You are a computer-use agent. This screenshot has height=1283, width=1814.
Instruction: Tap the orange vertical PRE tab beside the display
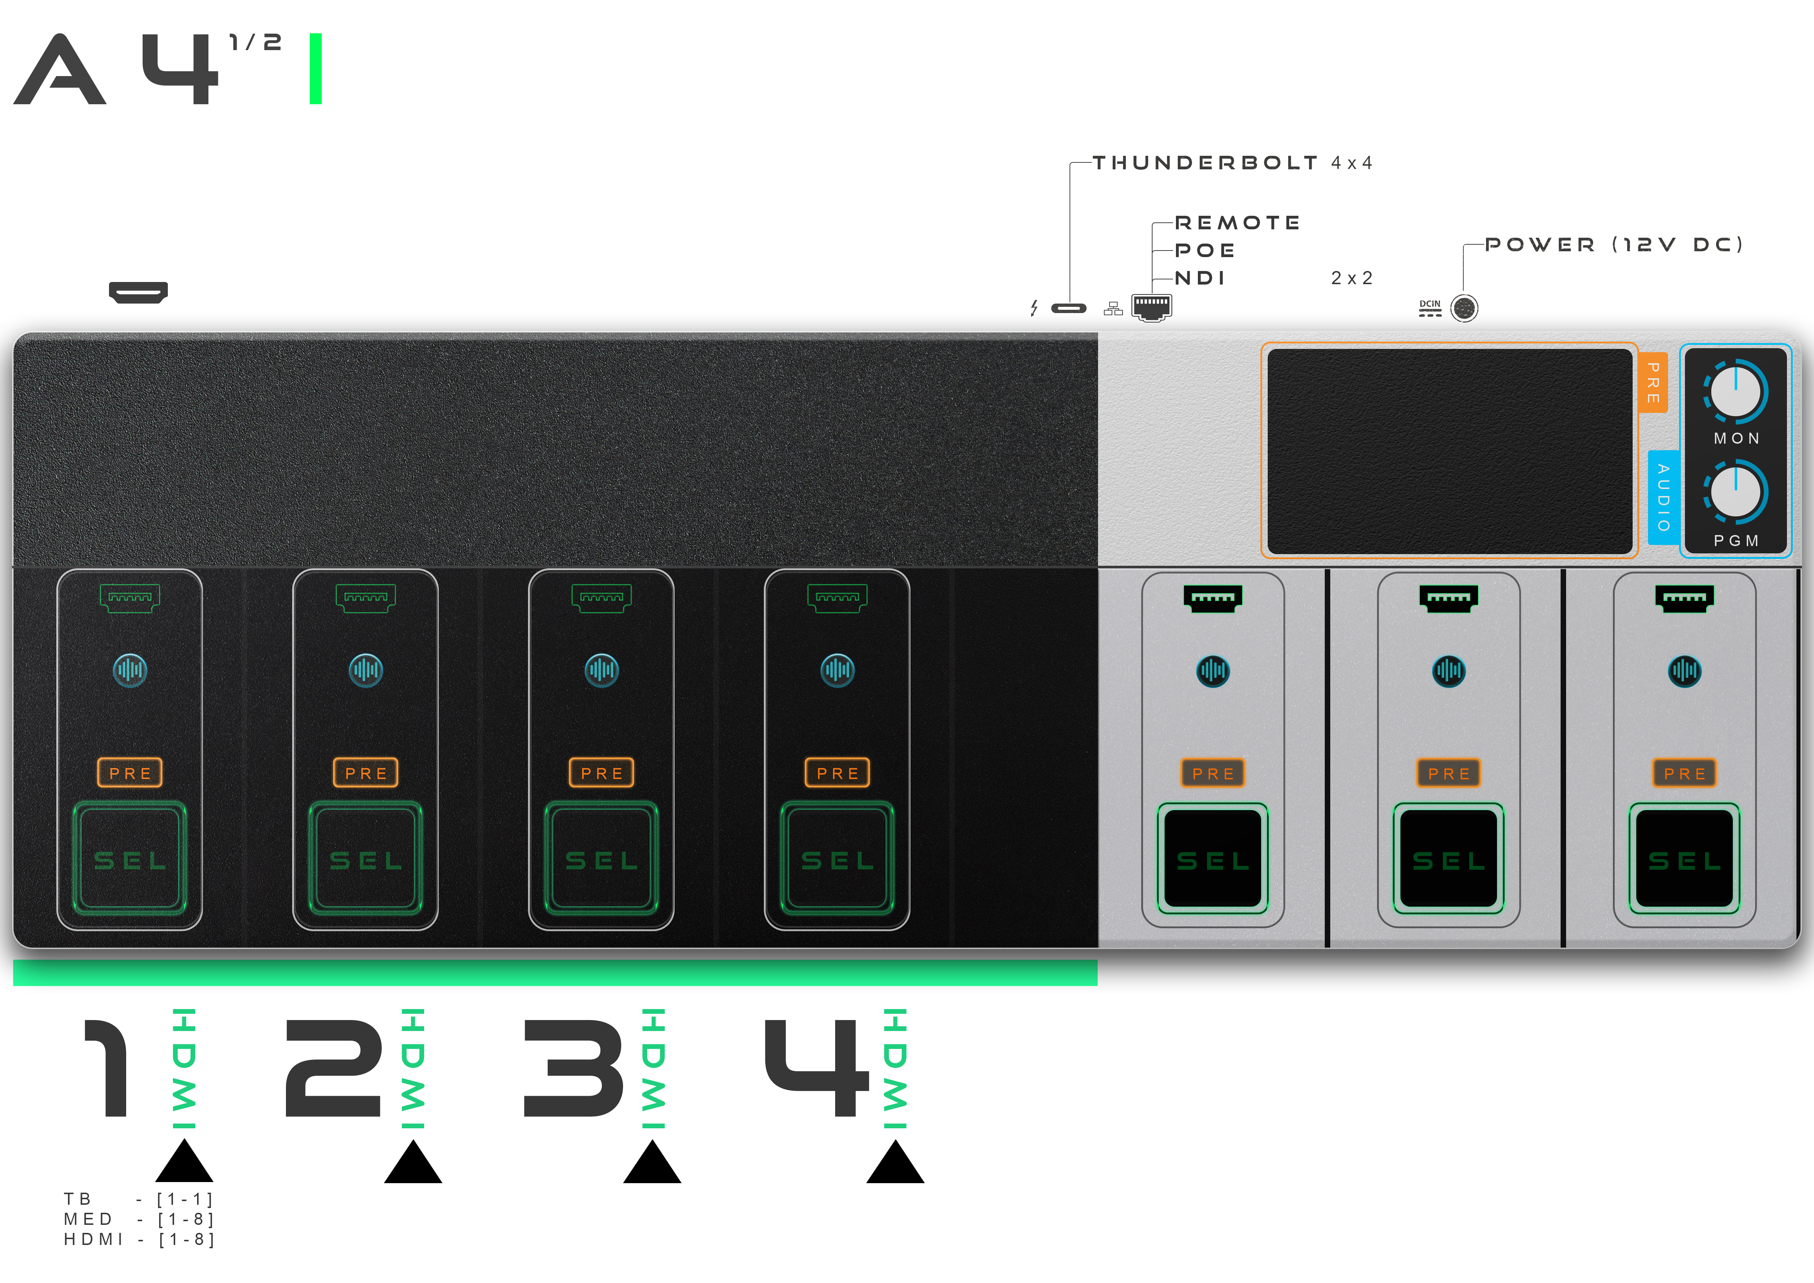(x=1653, y=382)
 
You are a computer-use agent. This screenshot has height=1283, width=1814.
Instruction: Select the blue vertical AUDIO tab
(x=1663, y=497)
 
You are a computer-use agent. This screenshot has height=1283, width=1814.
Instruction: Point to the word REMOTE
(x=1237, y=223)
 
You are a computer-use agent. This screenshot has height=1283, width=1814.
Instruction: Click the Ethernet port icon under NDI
(x=1152, y=306)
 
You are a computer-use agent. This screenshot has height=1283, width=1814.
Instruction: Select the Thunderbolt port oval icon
(x=1069, y=308)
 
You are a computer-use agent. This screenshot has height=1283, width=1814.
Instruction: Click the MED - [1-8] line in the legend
(x=139, y=1219)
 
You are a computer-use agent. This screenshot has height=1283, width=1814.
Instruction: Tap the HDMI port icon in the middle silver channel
(x=1448, y=598)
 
